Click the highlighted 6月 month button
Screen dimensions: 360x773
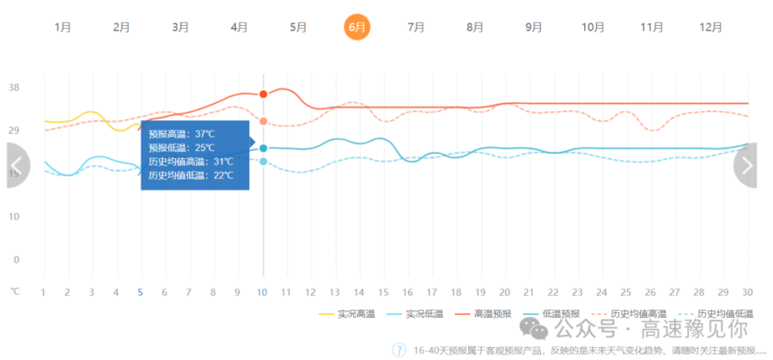356,27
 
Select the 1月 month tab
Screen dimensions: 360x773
63,27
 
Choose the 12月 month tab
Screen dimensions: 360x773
710,27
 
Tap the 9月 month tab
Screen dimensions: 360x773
533,27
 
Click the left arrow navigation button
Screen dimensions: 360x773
17,166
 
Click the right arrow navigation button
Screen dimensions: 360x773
747,165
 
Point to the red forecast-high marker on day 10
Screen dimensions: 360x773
263,94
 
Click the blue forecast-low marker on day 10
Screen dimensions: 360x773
263,149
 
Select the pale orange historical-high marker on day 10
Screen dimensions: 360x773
263,121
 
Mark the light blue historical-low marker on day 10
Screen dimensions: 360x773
263,162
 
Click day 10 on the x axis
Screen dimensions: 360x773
263,293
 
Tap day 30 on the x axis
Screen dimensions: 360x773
746,293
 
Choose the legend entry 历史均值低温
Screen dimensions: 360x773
725,314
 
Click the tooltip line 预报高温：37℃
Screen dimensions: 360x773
181,135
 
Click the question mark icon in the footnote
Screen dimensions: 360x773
399,350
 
